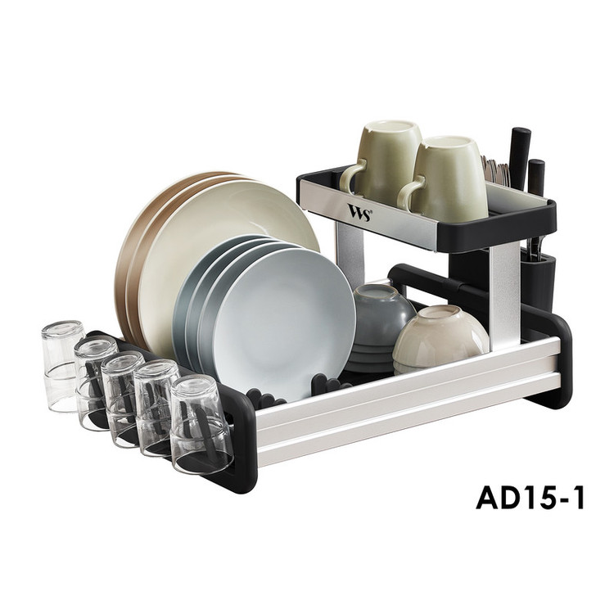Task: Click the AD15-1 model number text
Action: point(530,497)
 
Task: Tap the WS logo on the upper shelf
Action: point(359,212)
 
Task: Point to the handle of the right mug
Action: point(409,192)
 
